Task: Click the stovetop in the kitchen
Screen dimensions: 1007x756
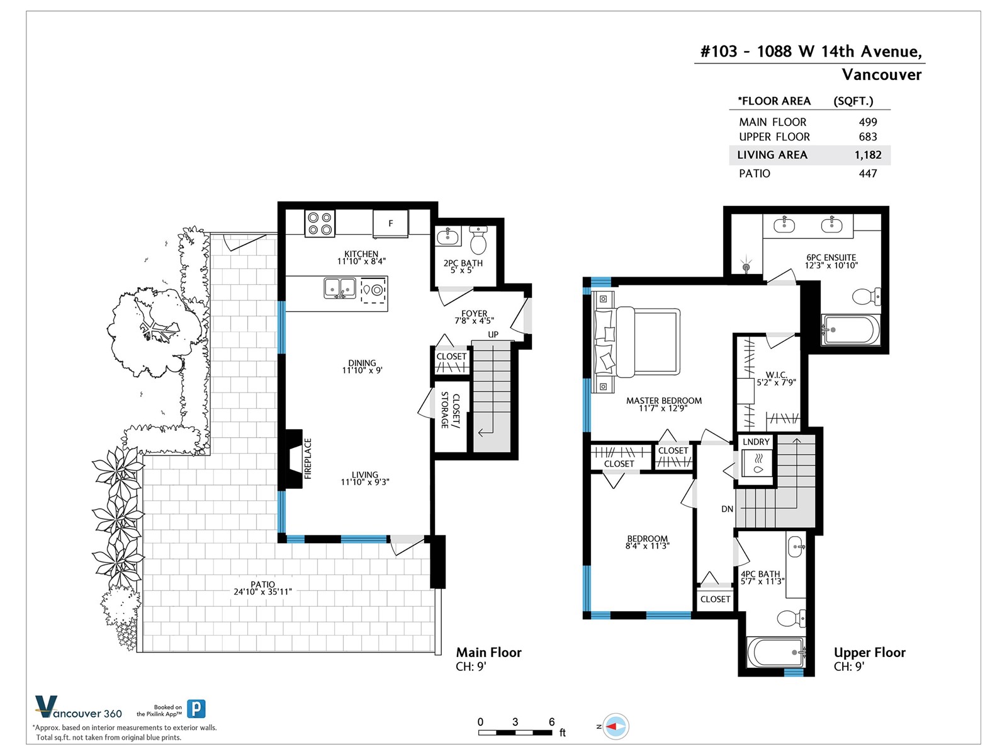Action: (320, 224)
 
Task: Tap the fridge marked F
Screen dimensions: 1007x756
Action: (390, 224)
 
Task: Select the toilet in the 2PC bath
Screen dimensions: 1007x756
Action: (478, 239)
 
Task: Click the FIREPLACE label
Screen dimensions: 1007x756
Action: (308, 459)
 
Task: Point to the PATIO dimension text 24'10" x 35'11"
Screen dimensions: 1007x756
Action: (263, 592)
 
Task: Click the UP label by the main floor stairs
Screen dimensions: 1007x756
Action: (493, 335)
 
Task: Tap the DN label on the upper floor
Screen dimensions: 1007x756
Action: (727, 509)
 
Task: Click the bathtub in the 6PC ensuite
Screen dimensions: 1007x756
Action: (850, 329)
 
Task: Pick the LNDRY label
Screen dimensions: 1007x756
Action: (756, 442)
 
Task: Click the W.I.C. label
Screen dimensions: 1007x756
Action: (776, 375)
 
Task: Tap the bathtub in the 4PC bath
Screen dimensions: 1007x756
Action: (776, 652)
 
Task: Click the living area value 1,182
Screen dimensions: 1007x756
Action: (867, 155)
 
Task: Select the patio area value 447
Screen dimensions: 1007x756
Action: (868, 173)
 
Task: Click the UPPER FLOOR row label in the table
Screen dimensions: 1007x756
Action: (774, 137)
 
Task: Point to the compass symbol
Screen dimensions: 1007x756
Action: (615, 726)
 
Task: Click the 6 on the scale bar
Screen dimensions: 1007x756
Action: (551, 722)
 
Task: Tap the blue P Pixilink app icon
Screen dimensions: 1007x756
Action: (196, 709)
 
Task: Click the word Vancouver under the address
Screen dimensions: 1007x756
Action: (881, 75)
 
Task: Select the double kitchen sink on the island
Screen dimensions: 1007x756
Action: (339, 289)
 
